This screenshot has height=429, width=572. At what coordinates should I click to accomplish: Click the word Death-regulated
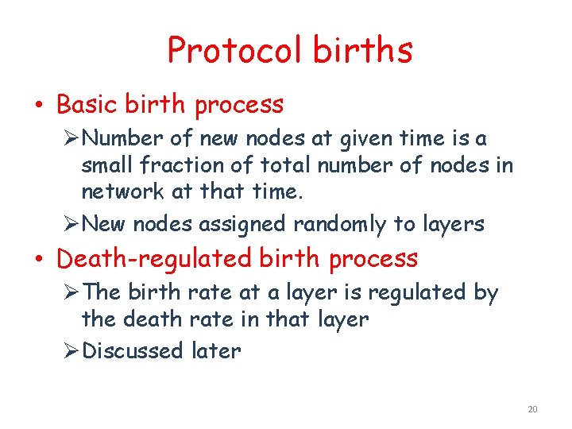pyautogui.click(x=153, y=259)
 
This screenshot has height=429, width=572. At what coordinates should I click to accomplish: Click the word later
pyautogui.click(x=216, y=350)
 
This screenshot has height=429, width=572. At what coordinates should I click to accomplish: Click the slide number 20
pyautogui.click(x=532, y=409)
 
